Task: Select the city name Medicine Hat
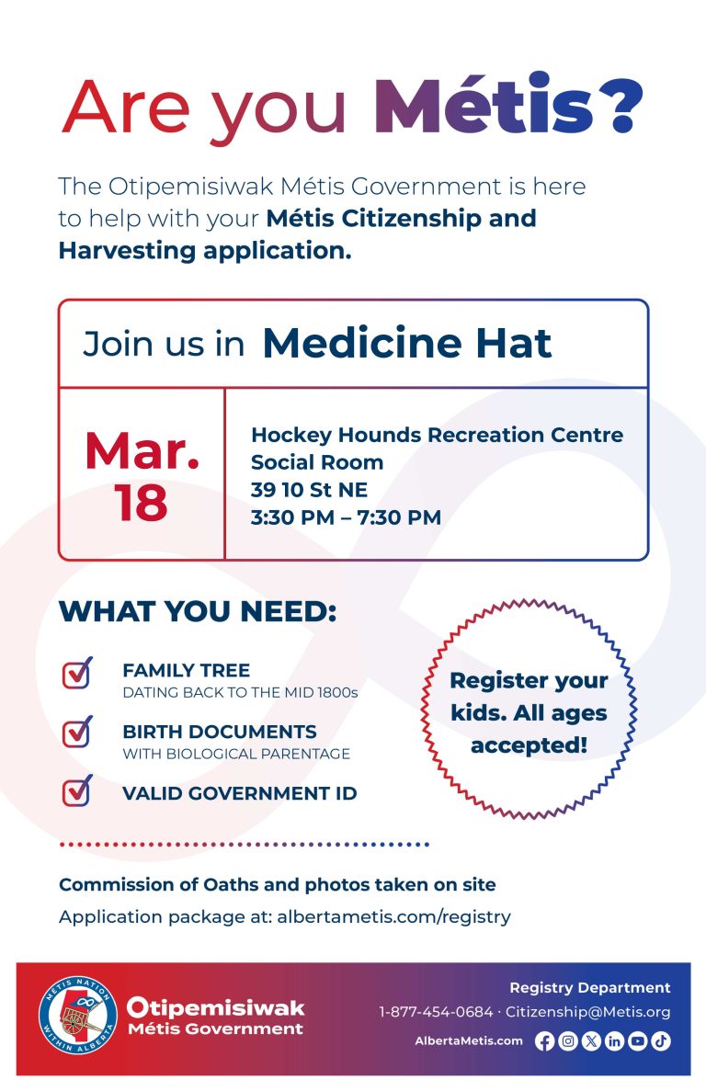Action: [x=407, y=343]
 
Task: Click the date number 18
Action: [x=142, y=502]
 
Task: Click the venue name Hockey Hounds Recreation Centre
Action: [x=437, y=435]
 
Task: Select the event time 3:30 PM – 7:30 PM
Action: [x=346, y=517]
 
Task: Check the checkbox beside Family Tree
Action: [x=77, y=673]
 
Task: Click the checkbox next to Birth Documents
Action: [x=77, y=733]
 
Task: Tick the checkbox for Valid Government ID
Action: [x=77, y=791]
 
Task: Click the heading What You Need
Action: [x=198, y=612]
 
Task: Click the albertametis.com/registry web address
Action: [x=393, y=916]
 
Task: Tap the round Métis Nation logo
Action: [x=77, y=1016]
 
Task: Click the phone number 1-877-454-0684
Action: [x=436, y=1012]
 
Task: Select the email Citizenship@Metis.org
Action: [x=588, y=1012]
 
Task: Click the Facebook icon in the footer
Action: [x=544, y=1041]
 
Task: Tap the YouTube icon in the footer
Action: [x=637, y=1041]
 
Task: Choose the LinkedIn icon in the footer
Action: [x=614, y=1041]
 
